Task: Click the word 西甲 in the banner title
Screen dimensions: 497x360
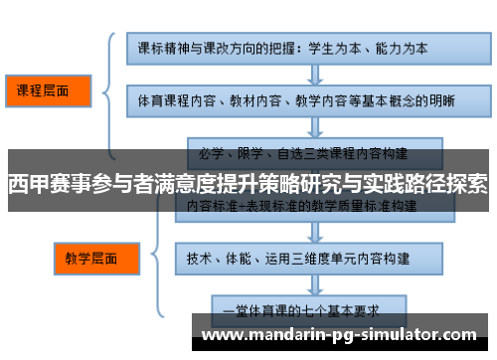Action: tap(25, 184)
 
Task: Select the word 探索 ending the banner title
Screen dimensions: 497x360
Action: tap(466, 184)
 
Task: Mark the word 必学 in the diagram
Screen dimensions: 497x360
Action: tap(212, 153)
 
